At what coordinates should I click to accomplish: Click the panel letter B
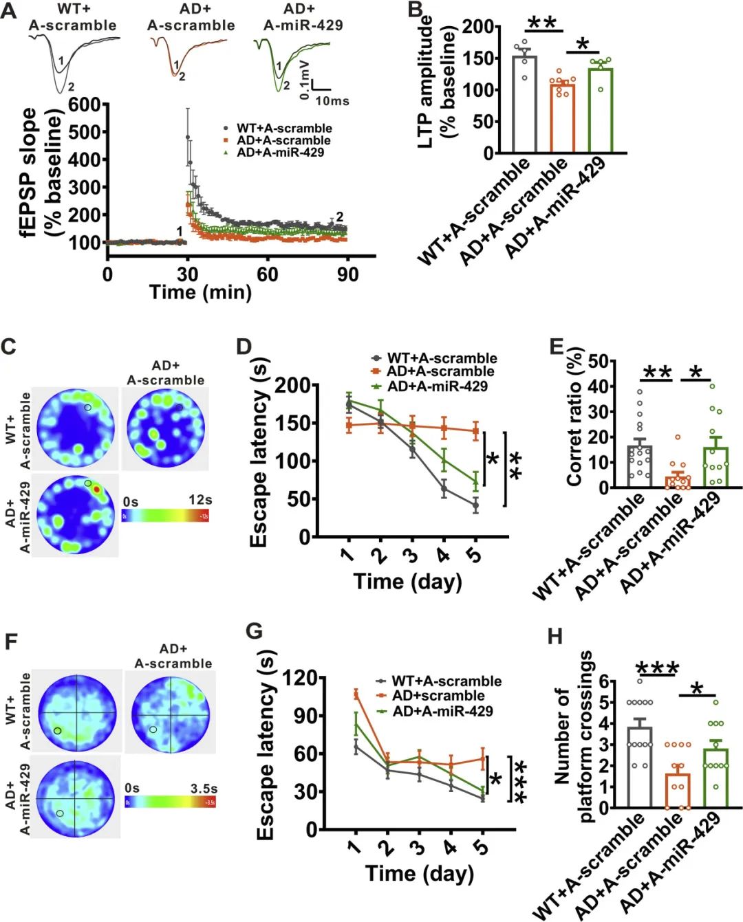(x=416, y=10)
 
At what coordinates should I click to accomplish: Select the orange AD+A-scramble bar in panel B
(x=563, y=118)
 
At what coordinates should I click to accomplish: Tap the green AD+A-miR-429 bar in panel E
(x=715, y=468)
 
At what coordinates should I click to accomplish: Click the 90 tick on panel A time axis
(x=347, y=274)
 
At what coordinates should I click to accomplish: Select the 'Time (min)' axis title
(x=201, y=292)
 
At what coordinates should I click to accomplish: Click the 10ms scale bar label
(x=332, y=101)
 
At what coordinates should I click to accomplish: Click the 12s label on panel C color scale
(x=200, y=501)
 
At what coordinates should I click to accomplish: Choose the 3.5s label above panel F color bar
(x=204, y=788)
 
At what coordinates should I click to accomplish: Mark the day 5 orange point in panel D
(x=475, y=431)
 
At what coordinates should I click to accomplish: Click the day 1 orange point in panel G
(x=356, y=694)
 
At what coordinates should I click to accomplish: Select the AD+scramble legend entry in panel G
(x=438, y=696)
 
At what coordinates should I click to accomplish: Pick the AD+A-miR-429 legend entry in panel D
(x=437, y=386)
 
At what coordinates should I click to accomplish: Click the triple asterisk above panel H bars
(x=658, y=669)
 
